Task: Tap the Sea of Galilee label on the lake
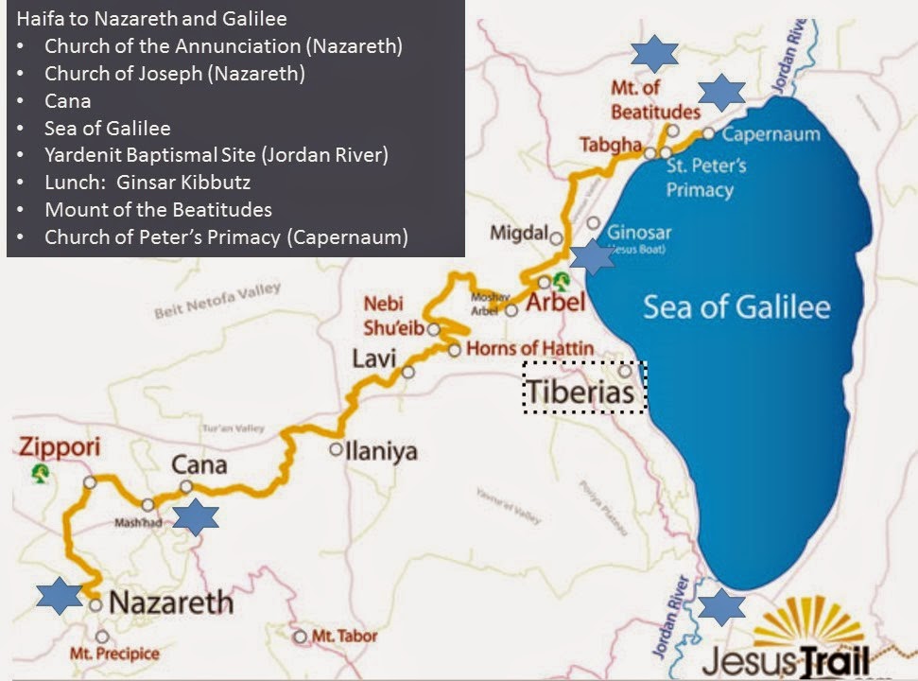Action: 736,307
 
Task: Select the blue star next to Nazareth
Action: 59,596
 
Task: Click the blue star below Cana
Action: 196,517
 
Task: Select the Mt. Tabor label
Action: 343,637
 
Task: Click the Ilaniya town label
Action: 382,451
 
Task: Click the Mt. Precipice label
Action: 114,654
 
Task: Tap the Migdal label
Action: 519,233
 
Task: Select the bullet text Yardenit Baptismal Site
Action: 216,154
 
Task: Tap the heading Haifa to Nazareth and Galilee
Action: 151,18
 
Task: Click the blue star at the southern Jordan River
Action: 721,605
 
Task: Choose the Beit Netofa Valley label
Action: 217,300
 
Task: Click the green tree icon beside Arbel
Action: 562,280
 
